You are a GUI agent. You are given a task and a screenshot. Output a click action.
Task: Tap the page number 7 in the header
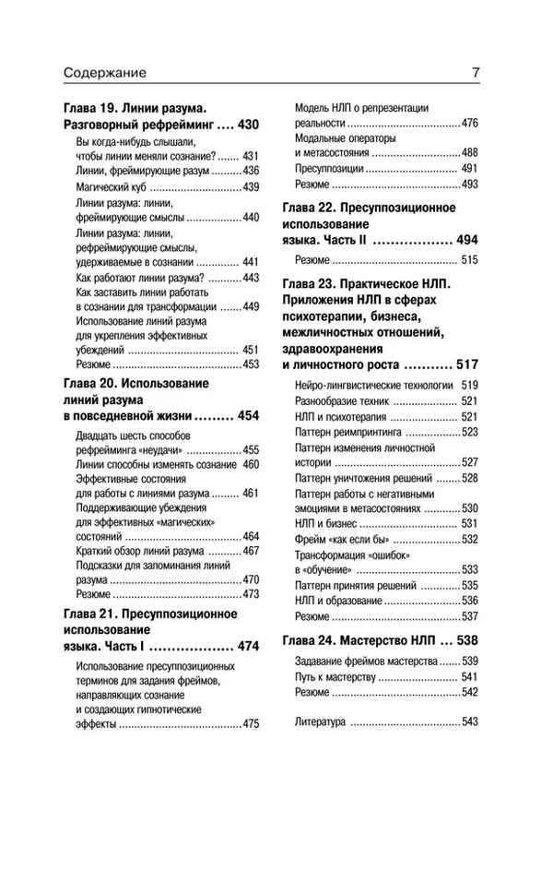(475, 73)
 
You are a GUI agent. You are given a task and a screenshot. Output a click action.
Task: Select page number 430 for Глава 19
(247, 124)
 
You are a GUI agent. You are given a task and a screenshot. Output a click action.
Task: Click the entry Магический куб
(103, 186)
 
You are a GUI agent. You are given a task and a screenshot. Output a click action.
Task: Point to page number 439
(251, 186)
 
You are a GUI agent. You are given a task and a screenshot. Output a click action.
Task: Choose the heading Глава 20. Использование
(135, 382)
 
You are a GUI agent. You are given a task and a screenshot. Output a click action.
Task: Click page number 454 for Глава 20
(248, 416)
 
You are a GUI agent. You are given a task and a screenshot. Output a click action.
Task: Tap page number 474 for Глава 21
(248, 646)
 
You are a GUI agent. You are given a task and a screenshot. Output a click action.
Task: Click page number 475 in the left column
(251, 725)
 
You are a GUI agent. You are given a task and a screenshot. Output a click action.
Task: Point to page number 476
(469, 123)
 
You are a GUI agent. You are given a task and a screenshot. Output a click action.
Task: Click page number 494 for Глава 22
(467, 240)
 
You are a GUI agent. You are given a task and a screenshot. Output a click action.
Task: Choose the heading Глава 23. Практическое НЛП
(370, 283)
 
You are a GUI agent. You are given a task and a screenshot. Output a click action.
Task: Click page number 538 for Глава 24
(467, 638)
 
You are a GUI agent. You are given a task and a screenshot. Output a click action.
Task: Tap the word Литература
(320, 721)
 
